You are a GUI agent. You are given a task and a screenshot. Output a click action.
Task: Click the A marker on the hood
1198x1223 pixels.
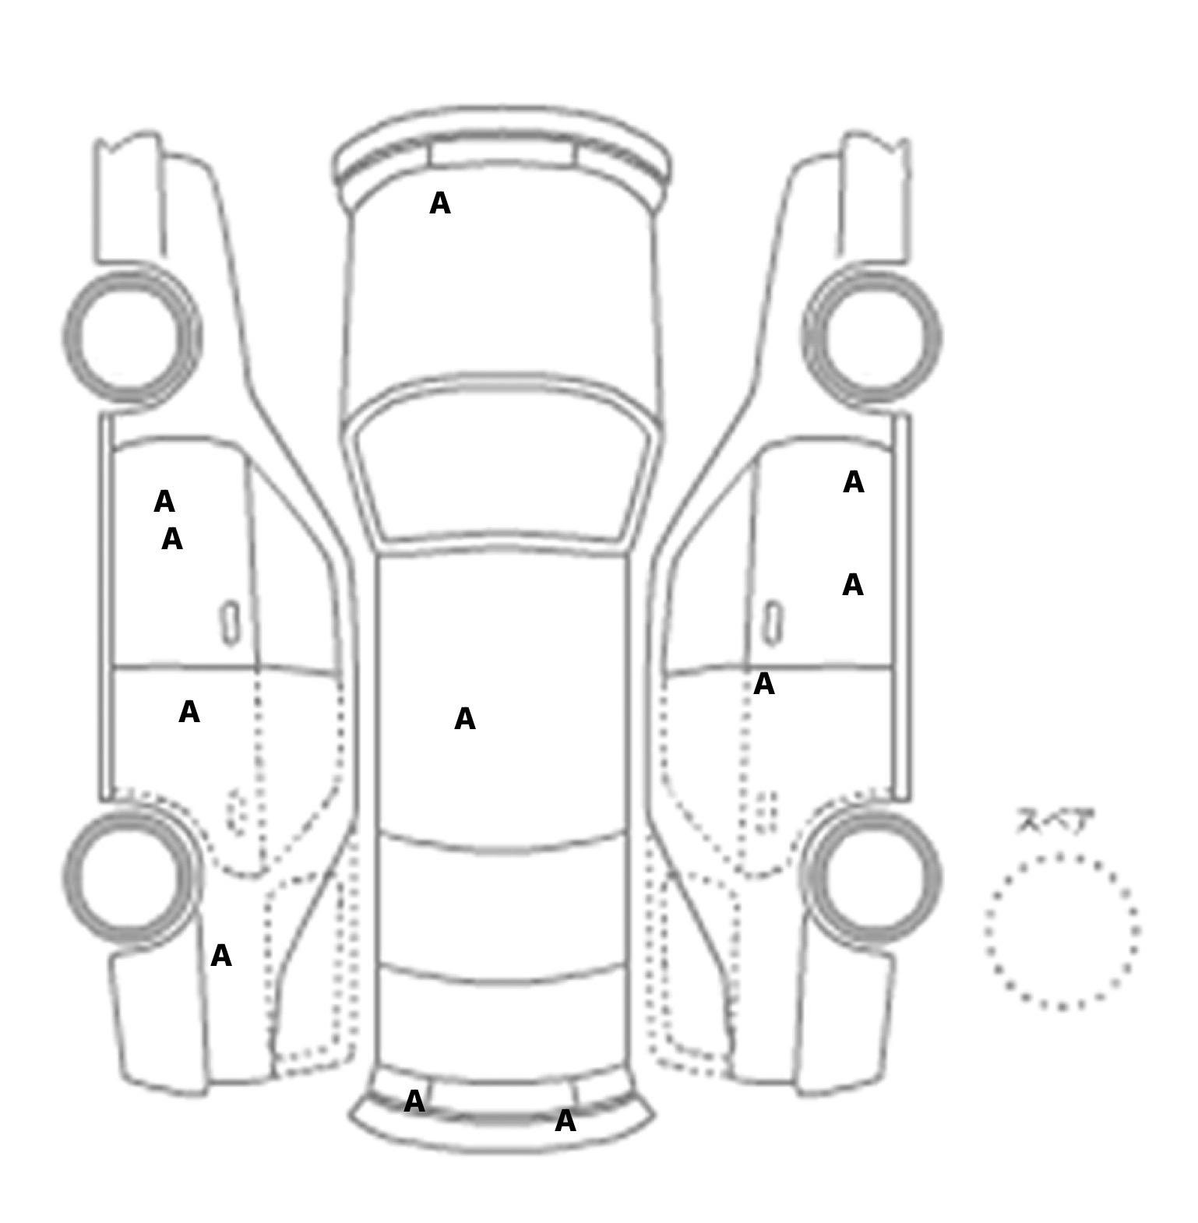(x=440, y=203)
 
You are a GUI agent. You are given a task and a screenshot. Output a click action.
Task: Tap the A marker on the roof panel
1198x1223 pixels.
(x=465, y=719)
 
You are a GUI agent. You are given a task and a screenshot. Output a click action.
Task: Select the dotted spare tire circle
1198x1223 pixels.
(x=1062, y=932)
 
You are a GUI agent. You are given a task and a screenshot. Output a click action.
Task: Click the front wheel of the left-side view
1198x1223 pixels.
(x=132, y=337)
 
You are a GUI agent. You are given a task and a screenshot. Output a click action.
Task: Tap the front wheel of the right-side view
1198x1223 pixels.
(x=872, y=337)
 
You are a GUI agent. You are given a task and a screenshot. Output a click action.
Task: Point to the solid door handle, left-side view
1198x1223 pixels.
(x=231, y=623)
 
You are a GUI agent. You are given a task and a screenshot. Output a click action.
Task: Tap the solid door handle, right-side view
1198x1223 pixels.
(x=773, y=623)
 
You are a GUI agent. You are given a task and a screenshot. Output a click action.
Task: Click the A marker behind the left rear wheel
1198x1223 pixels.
(x=221, y=956)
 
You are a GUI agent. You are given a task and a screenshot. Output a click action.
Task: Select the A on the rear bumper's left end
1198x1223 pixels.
(x=415, y=1101)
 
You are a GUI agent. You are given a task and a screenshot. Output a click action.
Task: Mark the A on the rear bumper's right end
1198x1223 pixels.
(x=566, y=1121)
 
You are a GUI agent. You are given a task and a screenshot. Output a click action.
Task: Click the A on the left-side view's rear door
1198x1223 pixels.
(x=189, y=712)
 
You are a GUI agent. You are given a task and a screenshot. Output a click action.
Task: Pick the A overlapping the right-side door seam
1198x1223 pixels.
(x=764, y=684)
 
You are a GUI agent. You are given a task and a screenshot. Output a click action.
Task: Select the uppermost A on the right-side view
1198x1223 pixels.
(x=854, y=482)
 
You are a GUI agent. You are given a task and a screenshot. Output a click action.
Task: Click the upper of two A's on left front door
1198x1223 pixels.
(x=164, y=502)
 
